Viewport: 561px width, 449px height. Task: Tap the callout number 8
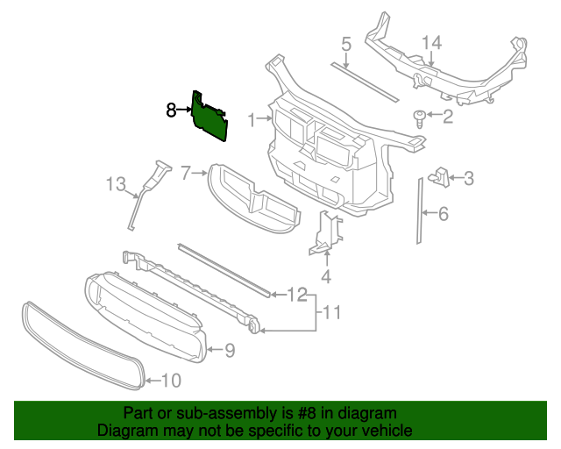[x=171, y=110]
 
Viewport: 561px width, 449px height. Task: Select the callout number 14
[x=432, y=42]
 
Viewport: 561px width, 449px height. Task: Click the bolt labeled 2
[x=420, y=118]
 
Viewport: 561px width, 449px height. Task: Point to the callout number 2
[x=448, y=116]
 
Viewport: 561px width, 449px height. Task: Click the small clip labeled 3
[x=440, y=178]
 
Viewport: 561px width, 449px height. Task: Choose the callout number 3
[x=468, y=179]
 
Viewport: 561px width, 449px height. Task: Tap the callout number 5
[x=345, y=43]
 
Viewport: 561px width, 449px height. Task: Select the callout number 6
[x=444, y=213]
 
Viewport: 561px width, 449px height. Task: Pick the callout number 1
[x=251, y=119]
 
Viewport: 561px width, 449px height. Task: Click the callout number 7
[x=186, y=173]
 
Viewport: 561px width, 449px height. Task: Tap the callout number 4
[x=326, y=279]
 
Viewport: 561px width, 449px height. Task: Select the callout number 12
[x=297, y=294]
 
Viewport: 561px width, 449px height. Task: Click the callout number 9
[x=229, y=351]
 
